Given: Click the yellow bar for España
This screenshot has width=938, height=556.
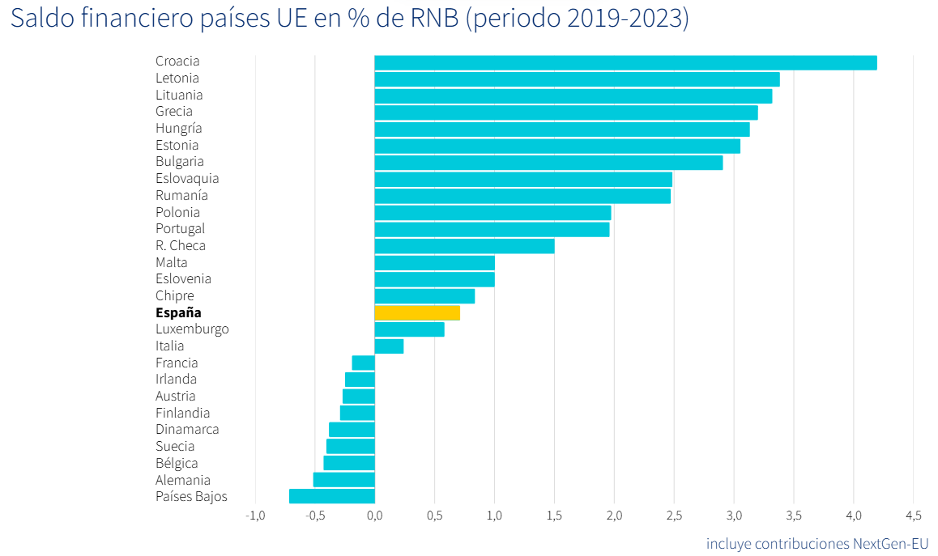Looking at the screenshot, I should pos(417,312).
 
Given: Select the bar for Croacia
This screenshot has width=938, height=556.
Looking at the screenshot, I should pos(625,62).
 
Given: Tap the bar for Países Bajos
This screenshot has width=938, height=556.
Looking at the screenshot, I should pos(332,496).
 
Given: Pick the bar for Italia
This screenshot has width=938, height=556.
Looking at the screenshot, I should pos(389,346).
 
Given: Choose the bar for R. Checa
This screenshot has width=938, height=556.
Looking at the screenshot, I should pos(464,246).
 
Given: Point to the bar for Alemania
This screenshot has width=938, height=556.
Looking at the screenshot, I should pos(344,480).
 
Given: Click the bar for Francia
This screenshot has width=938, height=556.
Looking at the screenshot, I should pos(364,363).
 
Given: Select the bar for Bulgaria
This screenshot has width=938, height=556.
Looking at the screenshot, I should pos(548,163).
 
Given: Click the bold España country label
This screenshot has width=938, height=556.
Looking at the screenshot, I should pos(178,312).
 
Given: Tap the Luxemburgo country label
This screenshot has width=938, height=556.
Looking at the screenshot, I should pos(192,329).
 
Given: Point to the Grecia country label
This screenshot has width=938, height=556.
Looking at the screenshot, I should pos(174,112).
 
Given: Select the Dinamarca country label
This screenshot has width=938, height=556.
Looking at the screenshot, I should pos(187,430).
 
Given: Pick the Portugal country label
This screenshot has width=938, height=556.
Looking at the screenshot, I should pos(180,229).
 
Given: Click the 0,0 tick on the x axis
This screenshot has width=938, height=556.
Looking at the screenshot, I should pos(374,516).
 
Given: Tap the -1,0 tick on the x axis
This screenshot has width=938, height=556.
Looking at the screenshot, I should pos(255,516).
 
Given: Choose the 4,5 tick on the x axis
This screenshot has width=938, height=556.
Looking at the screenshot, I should pos(913,516).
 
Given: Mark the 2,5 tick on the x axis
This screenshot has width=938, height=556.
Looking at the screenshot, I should pos(674,516).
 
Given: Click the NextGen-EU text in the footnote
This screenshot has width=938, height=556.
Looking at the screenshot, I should pos(890,543).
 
